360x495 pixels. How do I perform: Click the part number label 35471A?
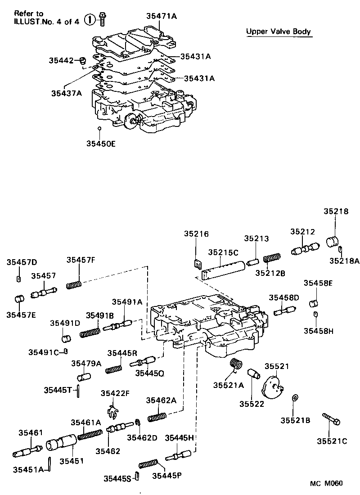pyautogui.click(x=162, y=16)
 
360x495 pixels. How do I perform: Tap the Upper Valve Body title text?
pyautogui.click(x=279, y=31)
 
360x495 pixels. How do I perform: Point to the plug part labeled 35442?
pyautogui.click(x=83, y=60)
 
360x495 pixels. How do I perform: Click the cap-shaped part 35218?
pyautogui.click(x=332, y=242)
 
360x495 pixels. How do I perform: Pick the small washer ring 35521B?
pyautogui.click(x=293, y=397)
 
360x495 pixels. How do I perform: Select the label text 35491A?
pyautogui.click(x=127, y=303)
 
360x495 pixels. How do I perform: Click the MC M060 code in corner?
pyautogui.click(x=326, y=484)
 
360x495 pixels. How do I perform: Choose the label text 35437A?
pyautogui.click(x=66, y=93)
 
